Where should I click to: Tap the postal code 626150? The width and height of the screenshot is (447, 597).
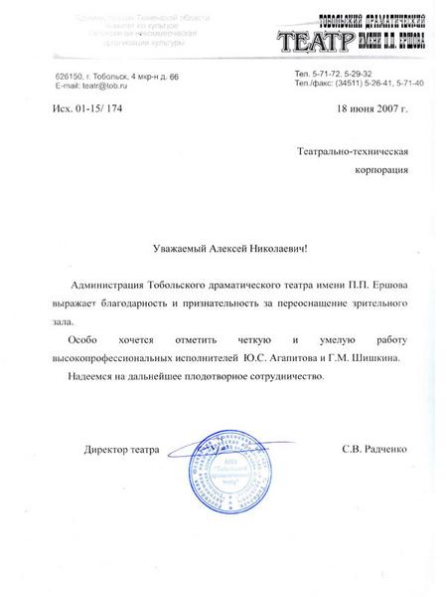72,77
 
